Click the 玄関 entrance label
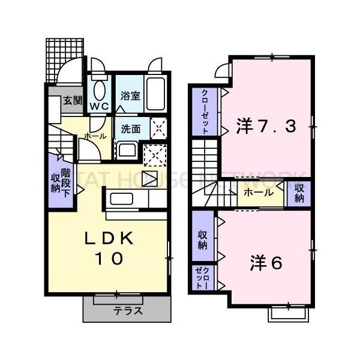point(73,101)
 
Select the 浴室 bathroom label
point(130,95)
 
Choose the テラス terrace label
point(128,311)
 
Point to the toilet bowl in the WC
point(99,91)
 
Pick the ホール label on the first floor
point(95,136)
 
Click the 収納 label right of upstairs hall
point(299,193)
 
